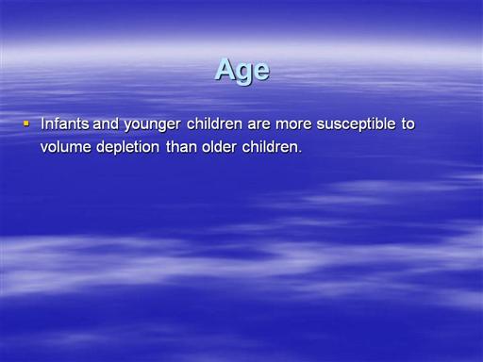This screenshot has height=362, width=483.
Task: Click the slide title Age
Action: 241,71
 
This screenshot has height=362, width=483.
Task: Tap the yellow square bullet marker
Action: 26,123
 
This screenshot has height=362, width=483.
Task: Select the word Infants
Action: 65,123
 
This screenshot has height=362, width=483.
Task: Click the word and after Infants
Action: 106,123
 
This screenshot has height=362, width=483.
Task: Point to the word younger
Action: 152,124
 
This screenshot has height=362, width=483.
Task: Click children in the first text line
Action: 214,123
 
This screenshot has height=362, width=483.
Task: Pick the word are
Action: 258,125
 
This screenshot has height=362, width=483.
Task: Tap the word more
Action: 293,125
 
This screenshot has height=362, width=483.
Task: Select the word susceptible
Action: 356,124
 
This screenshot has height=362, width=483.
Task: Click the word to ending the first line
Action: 408,124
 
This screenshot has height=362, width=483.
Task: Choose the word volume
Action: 66,147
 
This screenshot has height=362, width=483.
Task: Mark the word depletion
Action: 127,147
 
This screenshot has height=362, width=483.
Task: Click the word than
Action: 181,147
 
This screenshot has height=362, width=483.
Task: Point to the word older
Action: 219,147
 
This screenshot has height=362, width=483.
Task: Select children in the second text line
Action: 270,147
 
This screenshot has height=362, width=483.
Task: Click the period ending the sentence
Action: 300,152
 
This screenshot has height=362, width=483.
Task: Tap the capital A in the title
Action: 225,69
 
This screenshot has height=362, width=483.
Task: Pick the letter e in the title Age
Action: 261,72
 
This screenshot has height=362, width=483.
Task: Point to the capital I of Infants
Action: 42,123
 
